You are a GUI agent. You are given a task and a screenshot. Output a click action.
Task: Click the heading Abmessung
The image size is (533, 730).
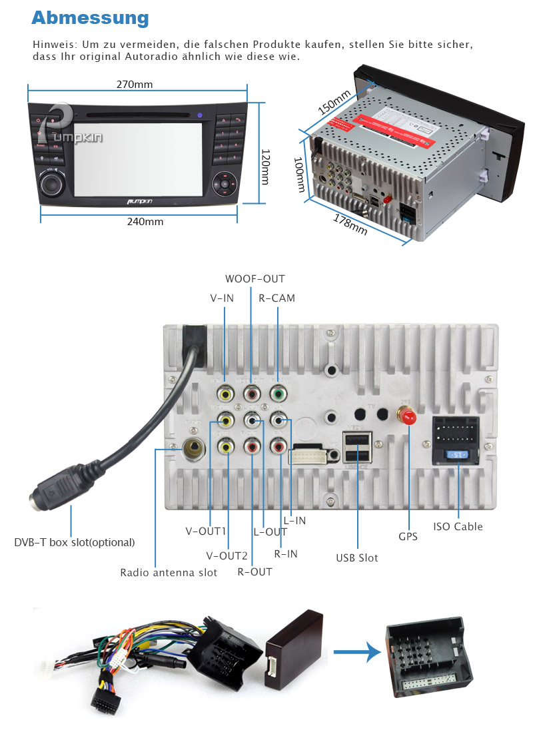[90, 17]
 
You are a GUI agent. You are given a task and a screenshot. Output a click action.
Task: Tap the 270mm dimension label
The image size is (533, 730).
[135, 85]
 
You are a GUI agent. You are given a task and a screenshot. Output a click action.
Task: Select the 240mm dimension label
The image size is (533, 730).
[145, 222]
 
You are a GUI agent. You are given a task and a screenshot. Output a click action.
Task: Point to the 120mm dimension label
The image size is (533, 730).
[265, 167]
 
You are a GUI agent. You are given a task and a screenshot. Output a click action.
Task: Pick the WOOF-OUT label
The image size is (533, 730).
[255, 279]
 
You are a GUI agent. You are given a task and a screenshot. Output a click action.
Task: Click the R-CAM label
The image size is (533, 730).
[276, 298]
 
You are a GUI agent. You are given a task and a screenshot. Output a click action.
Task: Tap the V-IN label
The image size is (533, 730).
[222, 298]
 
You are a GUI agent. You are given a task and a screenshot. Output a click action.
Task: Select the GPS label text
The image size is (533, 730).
[408, 536]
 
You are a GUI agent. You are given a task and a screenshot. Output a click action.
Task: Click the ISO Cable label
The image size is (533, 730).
[458, 526]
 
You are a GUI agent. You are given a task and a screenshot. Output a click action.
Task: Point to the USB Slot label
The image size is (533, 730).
[356, 557]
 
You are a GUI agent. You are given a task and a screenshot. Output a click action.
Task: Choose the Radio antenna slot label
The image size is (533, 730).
[169, 572]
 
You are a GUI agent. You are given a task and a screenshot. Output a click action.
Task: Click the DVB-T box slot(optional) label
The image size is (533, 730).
[75, 542]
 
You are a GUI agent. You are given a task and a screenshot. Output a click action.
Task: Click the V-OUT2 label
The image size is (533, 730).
[227, 555]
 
